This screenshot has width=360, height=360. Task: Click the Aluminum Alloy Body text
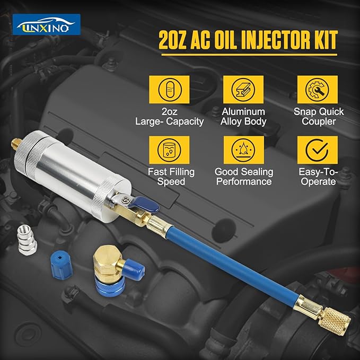243,116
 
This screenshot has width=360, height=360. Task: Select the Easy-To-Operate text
317,177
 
